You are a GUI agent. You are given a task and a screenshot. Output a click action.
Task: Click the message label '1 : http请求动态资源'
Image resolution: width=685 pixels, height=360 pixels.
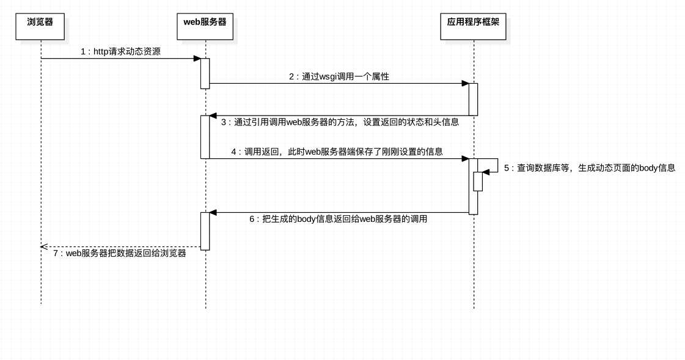coord(120,52)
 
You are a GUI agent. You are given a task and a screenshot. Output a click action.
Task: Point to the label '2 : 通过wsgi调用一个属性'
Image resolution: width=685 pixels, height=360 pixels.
coord(339,77)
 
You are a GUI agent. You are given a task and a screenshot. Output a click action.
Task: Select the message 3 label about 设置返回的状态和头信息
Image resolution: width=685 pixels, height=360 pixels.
coord(340,122)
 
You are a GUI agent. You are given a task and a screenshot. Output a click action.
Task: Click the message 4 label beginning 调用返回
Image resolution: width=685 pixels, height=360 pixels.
coord(337,152)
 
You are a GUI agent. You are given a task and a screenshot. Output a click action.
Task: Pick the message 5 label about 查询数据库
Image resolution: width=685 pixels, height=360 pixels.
coord(589,168)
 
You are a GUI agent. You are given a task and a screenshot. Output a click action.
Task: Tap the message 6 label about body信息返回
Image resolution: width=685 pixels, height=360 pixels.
coord(338,219)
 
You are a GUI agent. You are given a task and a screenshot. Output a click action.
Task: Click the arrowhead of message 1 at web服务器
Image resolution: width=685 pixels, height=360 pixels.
coord(197,59)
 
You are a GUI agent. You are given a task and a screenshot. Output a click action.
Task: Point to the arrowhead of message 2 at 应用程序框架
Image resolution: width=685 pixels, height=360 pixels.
coord(465,83)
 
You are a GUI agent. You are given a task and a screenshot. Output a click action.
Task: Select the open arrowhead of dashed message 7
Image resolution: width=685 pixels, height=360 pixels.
coord(44,246)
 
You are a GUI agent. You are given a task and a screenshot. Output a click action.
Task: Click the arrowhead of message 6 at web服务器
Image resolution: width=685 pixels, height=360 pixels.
coord(213,213)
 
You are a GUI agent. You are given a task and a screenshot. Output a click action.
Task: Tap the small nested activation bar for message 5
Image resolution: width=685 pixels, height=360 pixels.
coord(478,181)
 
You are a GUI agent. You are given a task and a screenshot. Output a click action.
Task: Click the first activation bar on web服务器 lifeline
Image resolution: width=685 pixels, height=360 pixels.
coord(205,73)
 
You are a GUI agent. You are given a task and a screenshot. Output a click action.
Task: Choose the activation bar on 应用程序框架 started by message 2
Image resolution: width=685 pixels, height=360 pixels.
coord(473,99)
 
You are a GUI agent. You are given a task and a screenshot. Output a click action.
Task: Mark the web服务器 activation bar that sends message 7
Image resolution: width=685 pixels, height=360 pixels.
coord(205,231)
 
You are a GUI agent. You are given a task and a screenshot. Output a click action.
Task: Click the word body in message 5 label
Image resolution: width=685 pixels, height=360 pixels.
coord(648,168)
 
